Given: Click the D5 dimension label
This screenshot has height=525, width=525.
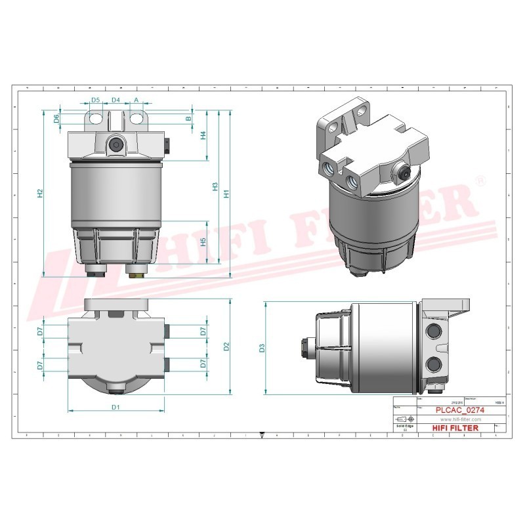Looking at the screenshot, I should coord(96,100).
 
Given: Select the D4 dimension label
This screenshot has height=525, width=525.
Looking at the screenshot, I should coord(115,100).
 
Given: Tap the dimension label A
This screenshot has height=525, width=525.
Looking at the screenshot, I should coord(136,100).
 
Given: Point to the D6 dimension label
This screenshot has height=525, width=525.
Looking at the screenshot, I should coord(56,118).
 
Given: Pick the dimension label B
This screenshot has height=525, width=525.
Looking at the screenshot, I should coord(188,119).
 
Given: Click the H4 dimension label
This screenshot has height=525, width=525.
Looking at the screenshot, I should coord(203,135).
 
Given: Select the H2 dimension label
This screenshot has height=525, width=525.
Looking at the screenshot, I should coord(40,193).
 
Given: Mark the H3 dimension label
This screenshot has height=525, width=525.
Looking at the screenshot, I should coord(215,187).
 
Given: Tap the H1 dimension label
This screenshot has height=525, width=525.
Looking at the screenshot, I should coord(226,194).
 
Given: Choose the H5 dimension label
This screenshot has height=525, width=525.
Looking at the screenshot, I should coord(203,241).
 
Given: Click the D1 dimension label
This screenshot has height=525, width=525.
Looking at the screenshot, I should coord(115,408).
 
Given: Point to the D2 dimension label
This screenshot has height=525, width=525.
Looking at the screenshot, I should coord(226,346).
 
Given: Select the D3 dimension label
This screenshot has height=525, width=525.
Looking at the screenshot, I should coord(262,348).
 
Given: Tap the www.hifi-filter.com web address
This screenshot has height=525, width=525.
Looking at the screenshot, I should coord(460,419).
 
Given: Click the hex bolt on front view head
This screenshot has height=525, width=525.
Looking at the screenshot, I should coord(116,146).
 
